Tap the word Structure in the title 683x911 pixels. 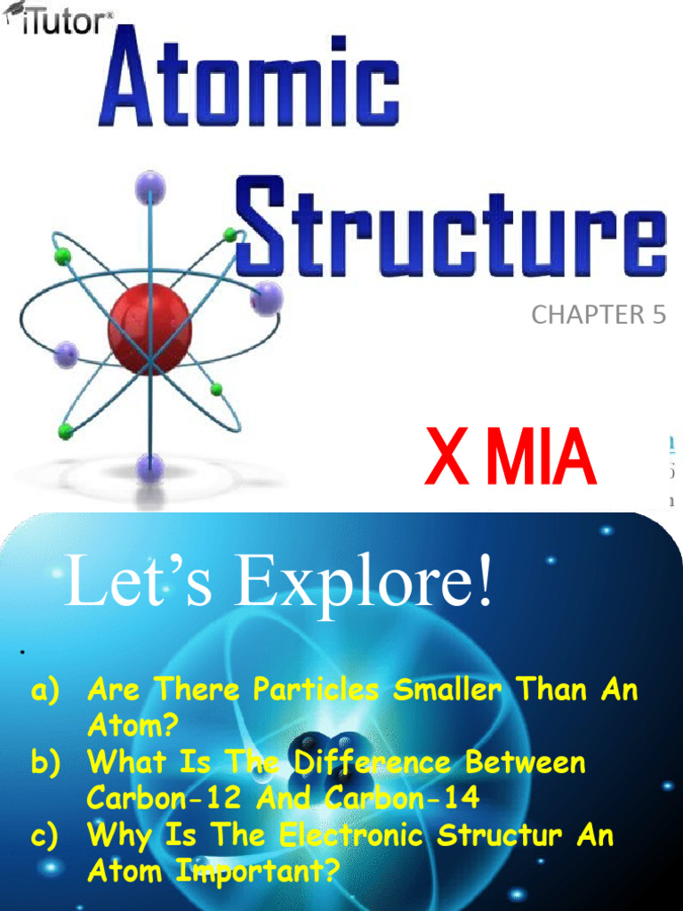pos(452,227)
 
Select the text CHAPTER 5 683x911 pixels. pos(598,315)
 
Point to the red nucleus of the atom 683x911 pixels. pos(149,329)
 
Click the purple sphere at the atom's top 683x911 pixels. pos(149,188)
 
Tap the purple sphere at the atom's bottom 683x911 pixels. pos(149,466)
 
